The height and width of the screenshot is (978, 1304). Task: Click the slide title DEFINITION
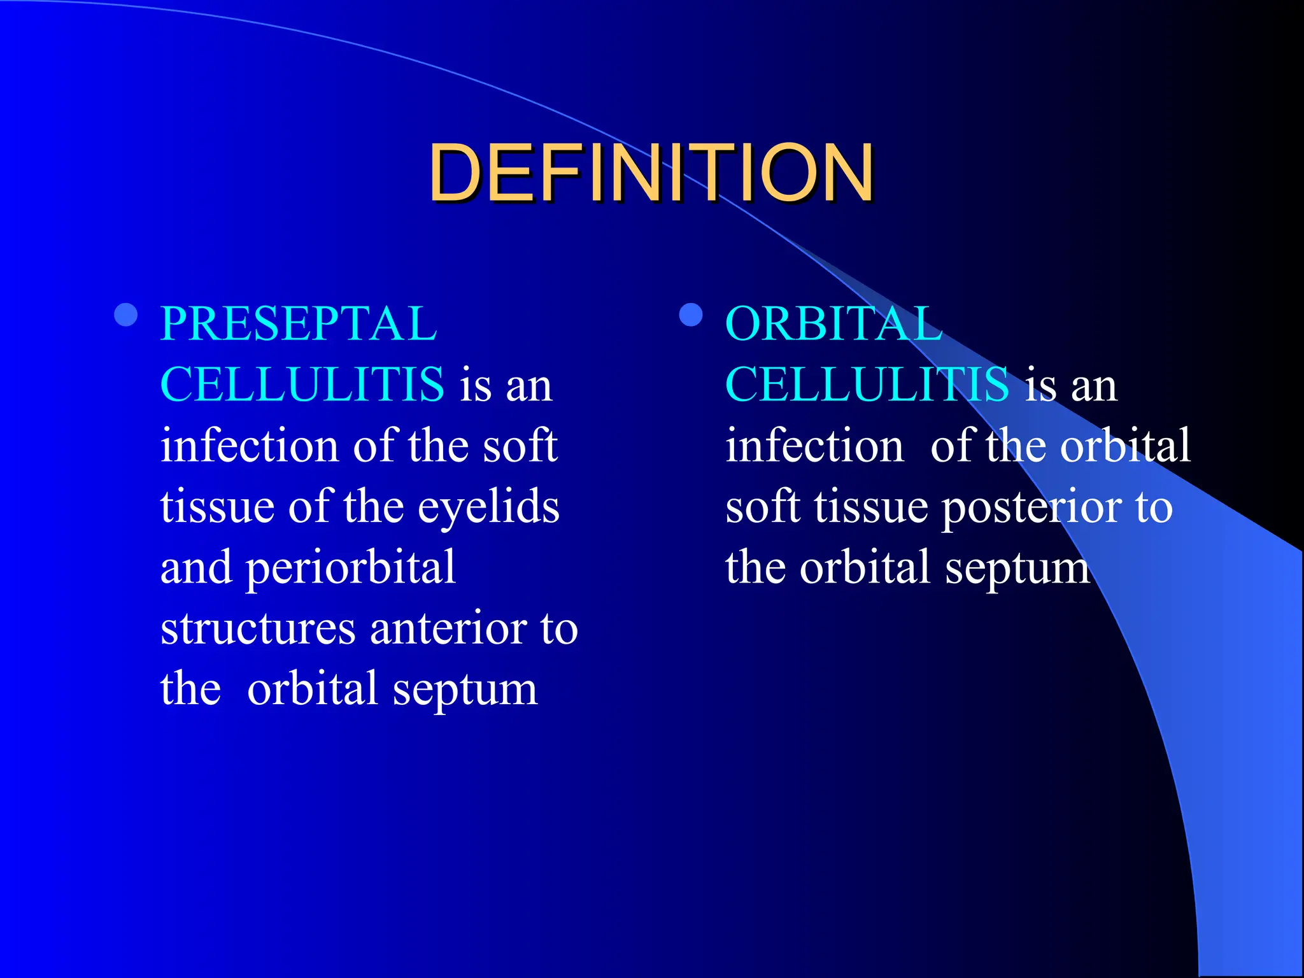[651, 173]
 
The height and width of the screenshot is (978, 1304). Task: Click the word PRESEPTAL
[298, 323]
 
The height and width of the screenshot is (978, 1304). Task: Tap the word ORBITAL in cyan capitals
[833, 323]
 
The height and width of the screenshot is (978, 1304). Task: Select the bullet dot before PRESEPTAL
[126, 315]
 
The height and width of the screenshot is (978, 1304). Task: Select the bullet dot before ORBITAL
[691, 315]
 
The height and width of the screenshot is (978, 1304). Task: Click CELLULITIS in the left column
[302, 385]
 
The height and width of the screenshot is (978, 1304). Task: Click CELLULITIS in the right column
[867, 385]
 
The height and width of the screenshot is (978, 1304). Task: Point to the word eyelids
[488, 507]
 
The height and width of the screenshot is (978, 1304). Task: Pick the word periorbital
[351, 568]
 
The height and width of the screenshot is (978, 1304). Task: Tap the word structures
[258, 629]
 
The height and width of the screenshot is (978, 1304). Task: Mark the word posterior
[1031, 508]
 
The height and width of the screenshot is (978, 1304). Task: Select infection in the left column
[249, 446]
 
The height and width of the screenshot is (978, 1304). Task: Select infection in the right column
[814, 446]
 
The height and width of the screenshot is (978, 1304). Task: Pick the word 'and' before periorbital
[195, 568]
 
